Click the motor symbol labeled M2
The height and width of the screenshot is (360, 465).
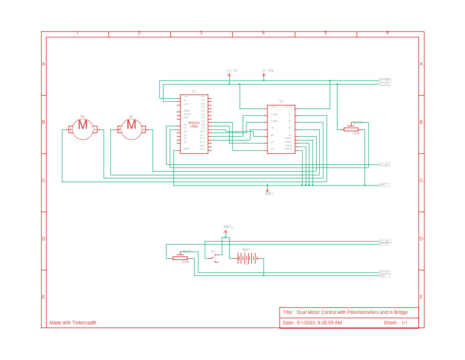[x=83, y=128]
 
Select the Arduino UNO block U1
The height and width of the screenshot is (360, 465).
[x=194, y=124]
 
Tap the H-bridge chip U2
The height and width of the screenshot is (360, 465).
[x=281, y=129]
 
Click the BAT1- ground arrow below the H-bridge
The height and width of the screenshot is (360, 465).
[x=268, y=190]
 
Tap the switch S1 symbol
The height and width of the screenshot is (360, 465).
[x=214, y=258]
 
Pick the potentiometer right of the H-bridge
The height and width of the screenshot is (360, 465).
[x=352, y=128]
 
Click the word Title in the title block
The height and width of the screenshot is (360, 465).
[x=288, y=312]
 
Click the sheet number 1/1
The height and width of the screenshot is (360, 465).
[x=404, y=323]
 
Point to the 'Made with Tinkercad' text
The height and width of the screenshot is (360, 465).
[x=73, y=323]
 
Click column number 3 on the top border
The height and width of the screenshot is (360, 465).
[x=201, y=33]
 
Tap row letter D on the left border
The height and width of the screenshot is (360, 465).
[x=44, y=239]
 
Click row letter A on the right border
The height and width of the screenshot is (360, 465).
[x=421, y=64]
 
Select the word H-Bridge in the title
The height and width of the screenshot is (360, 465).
[x=396, y=312]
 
